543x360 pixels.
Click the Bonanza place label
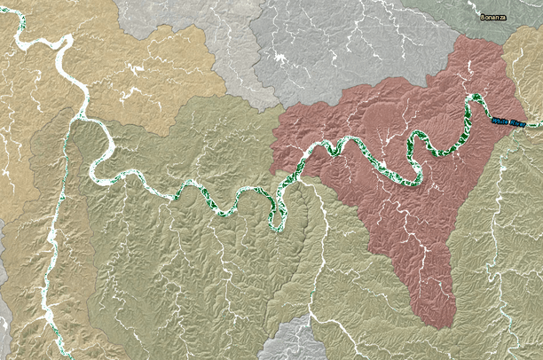click(493, 17)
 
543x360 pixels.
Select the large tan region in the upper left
click(142, 62)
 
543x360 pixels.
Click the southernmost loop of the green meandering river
click(278, 222)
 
